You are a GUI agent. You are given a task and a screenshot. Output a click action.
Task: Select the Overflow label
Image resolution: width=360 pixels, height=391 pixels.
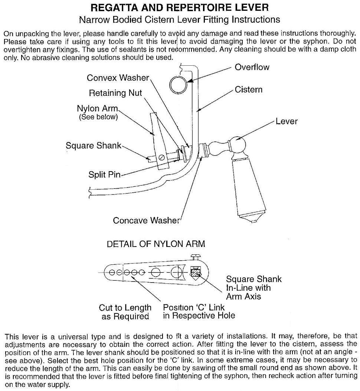[252, 67]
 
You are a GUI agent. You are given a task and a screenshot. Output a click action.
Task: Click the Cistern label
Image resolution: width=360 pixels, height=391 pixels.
[248, 89]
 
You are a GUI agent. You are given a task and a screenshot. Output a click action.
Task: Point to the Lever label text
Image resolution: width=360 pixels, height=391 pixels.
[286, 121]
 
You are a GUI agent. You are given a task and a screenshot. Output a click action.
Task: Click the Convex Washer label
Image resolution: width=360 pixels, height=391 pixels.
[118, 78]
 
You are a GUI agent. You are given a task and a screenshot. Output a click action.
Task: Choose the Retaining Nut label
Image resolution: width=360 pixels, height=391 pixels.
[115, 93]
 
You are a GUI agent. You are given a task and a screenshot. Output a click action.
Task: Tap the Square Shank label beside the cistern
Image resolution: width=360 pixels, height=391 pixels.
[94, 146]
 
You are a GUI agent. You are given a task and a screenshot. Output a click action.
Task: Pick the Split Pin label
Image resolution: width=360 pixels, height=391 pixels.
[104, 174]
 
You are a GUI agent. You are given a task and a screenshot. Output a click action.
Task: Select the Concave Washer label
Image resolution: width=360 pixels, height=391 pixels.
[146, 220]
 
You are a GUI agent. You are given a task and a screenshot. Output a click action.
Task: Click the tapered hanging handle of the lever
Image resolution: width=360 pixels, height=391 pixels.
[249, 186]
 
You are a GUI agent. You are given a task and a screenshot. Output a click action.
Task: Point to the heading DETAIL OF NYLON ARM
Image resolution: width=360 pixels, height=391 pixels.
[156, 244]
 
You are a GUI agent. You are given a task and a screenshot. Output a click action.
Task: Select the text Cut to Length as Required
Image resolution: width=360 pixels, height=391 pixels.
[125, 312]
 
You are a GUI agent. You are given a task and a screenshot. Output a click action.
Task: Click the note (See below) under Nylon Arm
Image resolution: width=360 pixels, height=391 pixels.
[98, 117]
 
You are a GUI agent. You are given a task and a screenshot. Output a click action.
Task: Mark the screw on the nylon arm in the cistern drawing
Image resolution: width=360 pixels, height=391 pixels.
[161, 158]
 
